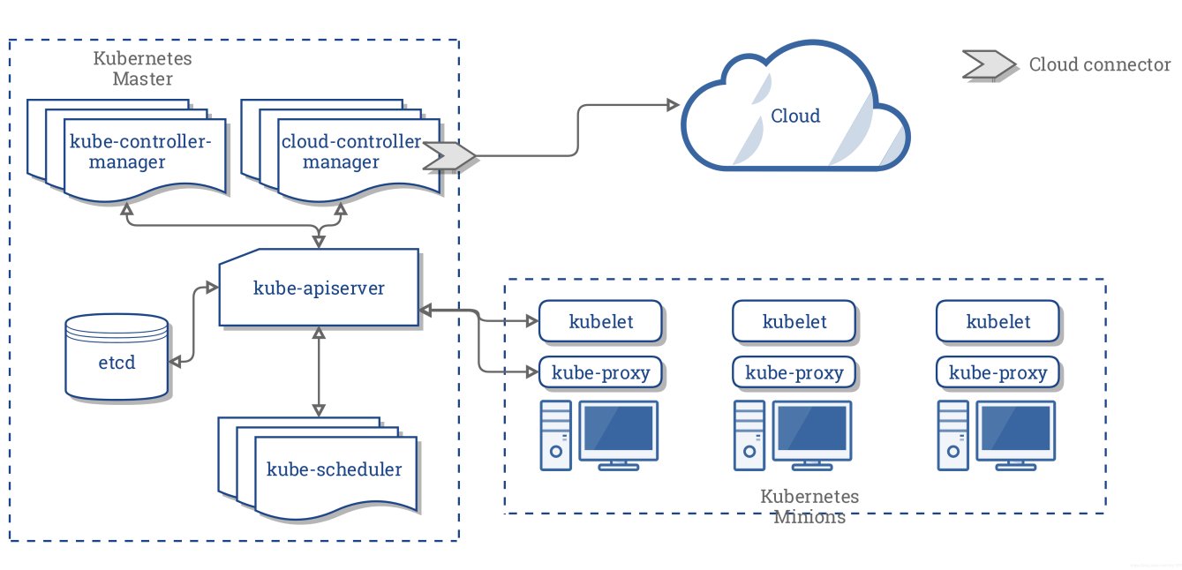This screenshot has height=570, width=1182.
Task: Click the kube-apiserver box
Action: (319, 288)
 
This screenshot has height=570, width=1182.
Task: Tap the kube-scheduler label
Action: (334, 469)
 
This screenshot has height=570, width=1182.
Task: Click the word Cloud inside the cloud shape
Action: (794, 116)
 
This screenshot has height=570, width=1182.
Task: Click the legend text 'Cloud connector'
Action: (1099, 65)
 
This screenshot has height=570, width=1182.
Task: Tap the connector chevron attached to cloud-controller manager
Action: (449, 156)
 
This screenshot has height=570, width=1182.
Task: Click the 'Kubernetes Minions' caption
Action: (809, 506)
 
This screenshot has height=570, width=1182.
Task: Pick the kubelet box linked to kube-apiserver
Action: (600, 321)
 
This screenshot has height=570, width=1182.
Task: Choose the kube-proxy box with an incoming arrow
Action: (600, 372)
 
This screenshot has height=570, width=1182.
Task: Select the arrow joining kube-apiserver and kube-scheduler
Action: (319, 371)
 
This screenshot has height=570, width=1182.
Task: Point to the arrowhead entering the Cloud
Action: (672, 105)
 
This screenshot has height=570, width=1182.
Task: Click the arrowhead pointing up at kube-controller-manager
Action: (127, 207)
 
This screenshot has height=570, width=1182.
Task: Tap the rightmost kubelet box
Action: (998, 321)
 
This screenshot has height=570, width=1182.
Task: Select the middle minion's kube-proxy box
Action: (794, 372)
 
